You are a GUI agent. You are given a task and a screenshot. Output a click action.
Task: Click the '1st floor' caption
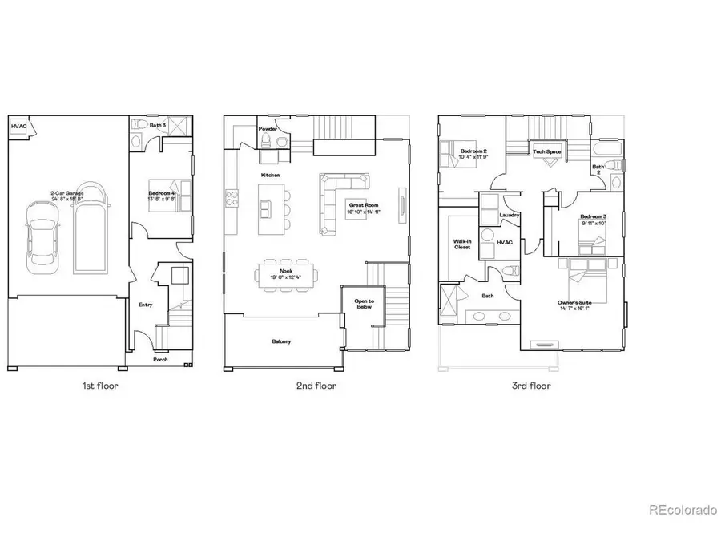coord(100,386)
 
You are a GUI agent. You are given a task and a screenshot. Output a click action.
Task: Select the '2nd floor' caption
coord(316,386)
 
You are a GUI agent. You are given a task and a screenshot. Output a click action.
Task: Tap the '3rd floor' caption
coord(531,386)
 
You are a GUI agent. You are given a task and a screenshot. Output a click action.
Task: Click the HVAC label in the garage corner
coord(18,127)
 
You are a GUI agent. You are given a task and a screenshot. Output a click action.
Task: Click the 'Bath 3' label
coord(158,125)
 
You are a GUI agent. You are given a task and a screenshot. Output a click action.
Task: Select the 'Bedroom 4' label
coord(162,194)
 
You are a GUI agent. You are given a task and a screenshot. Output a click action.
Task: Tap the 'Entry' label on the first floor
coord(146,305)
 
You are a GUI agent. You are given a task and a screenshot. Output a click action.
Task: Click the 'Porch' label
coord(161,360)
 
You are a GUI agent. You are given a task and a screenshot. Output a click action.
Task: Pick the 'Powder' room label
coord(268,128)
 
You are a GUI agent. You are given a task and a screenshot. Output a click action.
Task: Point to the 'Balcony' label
coord(281,342)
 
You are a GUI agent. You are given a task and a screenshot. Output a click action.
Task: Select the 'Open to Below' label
coord(364,303)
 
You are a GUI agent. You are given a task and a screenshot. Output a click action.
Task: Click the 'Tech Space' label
coord(548,151)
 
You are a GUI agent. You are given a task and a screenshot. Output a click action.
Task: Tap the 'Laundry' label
coord(509,215)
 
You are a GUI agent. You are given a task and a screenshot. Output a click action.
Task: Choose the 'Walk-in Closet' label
coord(462,244)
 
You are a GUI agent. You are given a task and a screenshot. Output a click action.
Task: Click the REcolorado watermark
coord(683,510)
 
